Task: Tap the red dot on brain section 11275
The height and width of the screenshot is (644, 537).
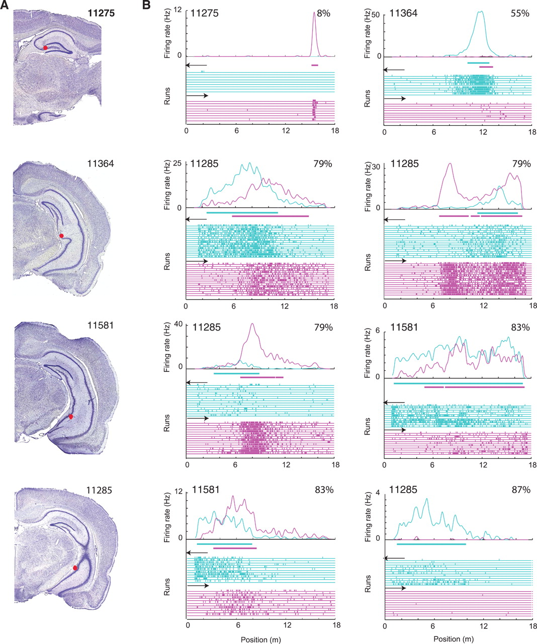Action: (45, 48)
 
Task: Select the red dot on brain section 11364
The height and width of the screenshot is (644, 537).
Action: (61, 235)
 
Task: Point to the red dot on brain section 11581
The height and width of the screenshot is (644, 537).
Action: (71, 417)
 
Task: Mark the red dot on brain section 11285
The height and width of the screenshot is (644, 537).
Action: (75, 568)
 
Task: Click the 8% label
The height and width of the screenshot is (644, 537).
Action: (323, 14)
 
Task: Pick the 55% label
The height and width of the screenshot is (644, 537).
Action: (519, 14)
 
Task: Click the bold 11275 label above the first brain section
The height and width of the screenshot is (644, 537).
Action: (101, 14)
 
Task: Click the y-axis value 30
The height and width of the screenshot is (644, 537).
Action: (376, 163)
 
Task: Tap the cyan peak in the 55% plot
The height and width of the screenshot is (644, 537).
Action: (481, 12)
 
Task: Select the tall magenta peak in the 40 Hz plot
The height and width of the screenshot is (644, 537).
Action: (252, 325)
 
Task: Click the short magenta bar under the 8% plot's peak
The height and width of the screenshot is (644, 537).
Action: (315, 65)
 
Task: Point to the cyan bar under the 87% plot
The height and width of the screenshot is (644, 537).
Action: (431, 544)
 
